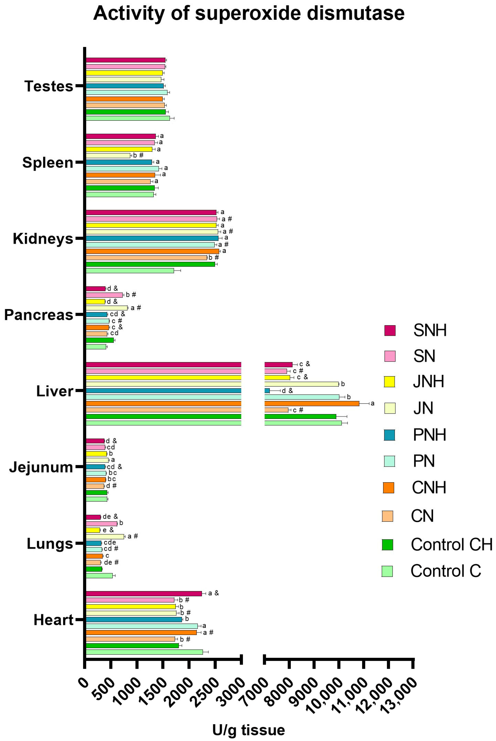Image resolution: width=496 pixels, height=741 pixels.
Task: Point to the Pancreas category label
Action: (x=39, y=315)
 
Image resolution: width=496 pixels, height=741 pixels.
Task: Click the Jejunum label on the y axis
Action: (x=41, y=467)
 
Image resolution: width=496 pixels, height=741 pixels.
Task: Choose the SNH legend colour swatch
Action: (x=390, y=330)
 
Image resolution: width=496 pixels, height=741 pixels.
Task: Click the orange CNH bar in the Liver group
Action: (x=312, y=403)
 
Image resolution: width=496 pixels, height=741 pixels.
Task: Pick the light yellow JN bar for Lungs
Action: (x=105, y=536)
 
